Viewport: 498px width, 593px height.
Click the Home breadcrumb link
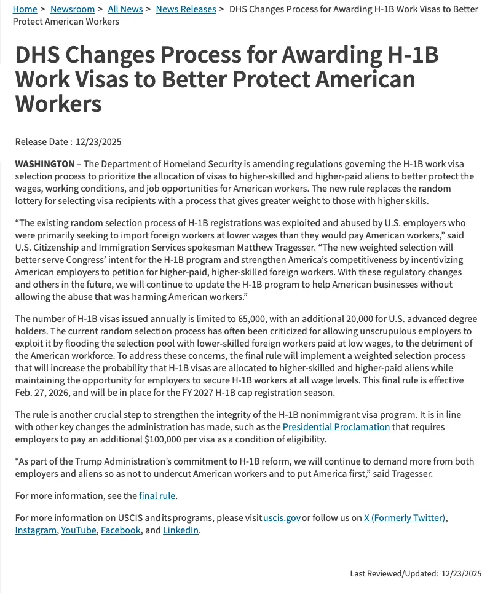click(x=25, y=9)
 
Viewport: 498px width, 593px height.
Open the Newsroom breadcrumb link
click(x=73, y=9)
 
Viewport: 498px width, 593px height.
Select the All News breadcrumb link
click(x=125, y=9)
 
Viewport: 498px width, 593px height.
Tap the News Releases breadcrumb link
click(x=186, y=9)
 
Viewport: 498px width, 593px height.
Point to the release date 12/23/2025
click(x=98, y=142)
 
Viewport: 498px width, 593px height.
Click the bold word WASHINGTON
click(x=44, y=164)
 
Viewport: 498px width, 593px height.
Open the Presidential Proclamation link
click(x=336, y=427)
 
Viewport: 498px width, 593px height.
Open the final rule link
click(x=158, y=496)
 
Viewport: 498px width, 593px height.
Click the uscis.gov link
click(x=282, y=518)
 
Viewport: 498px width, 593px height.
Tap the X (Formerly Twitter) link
click(x=405, y=518)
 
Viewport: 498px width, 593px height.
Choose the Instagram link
click(x=36, y=530)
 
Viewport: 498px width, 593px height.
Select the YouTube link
click(x=79, y=530)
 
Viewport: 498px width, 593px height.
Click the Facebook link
click(x=121, y=530)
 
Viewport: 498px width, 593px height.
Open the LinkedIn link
click(x=181, y=530)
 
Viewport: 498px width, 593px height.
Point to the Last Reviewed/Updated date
click(x=461, y=574)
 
